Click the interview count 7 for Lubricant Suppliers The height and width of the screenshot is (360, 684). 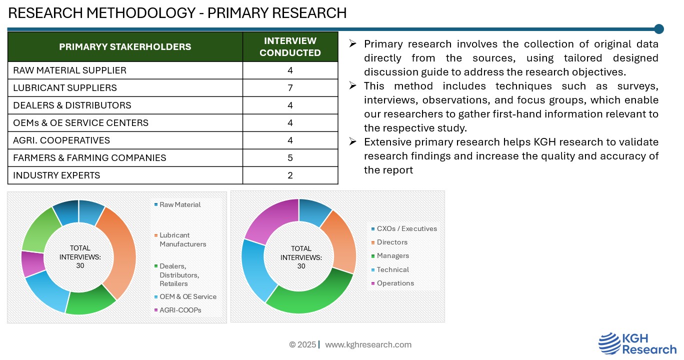point(290,88)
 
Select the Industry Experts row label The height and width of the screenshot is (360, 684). point(56,175)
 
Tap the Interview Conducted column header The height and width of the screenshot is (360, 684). point(290,46)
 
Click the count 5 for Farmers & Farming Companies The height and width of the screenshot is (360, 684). point(290,158)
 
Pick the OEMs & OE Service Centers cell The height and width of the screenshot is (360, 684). point(80,122)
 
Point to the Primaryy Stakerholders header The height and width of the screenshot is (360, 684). point(125,46)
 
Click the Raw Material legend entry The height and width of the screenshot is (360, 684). point(177,204)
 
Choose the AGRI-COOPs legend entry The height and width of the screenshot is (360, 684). point(177,310)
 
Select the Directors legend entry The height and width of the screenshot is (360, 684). point(389,242)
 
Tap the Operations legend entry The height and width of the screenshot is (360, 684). point(392,283)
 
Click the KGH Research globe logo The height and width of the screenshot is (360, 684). point(609,344)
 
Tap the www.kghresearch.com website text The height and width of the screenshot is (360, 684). point(368,344)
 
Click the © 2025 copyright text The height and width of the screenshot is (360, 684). point(302,344)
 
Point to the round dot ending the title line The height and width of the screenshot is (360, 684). point(659,29)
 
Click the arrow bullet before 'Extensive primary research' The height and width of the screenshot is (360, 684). point(352,141)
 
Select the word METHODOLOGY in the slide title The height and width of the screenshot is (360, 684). point(141,13)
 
